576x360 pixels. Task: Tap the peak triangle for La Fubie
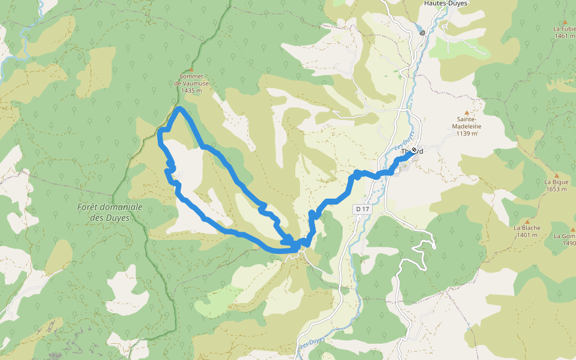(x=565, y=22)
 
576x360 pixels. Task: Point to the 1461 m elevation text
(x=565, y=36)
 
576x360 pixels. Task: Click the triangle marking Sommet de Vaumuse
(x=191, y=70)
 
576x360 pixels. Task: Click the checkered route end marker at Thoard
(x=414, y=150)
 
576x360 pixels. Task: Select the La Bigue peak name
(x=556, y=182)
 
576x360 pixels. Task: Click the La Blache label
(x=527, y=228)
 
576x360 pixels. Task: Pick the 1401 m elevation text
(x=527, y=235)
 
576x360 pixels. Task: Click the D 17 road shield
(x=362, y=209)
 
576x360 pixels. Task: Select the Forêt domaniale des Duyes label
(x=110, y=212)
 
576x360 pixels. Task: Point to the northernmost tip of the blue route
(x=179, y=108)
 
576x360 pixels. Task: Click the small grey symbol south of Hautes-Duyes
(x=423, y=32)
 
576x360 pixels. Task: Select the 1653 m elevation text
(x=556, y=189)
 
